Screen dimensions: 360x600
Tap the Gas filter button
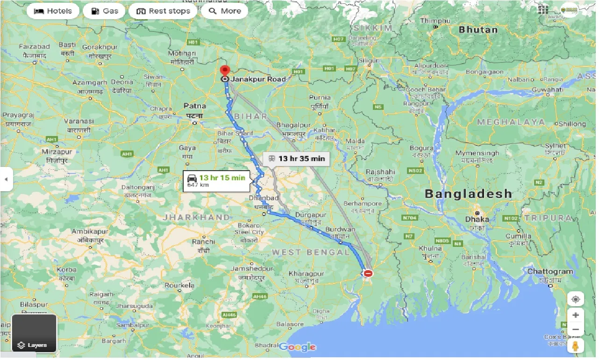(104, 11)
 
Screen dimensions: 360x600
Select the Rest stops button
(163, 11)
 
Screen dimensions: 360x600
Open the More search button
(224, 11)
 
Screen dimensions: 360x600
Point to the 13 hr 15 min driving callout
(217, 180)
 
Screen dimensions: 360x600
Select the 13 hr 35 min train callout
(297, 158)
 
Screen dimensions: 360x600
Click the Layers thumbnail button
(34, 333)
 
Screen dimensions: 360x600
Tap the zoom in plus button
(575, 315)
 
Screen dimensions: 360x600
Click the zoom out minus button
(575, 330)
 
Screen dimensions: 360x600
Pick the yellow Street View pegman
(575, 346)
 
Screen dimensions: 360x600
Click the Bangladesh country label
(468, 194)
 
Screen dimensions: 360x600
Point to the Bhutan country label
(478, 29)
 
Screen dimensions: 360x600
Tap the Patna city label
(194, 106)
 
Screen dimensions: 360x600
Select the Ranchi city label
(203, 242)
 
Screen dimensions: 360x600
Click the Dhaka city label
(477, 219)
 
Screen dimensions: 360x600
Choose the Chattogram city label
(550, 272)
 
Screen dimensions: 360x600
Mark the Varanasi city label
(79, 121)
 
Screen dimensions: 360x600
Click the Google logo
(298, 347)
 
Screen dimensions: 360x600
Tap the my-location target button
(575, 299)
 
